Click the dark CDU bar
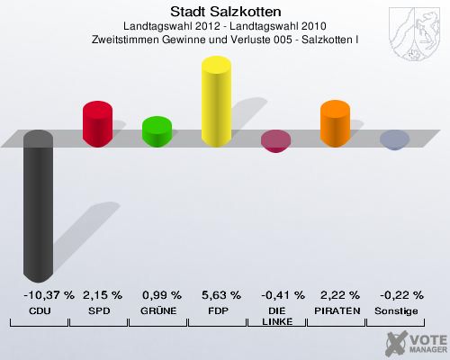pos(38,207)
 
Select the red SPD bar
pos(97,123)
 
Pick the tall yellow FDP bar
pos(216,101)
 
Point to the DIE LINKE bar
pos(275,141)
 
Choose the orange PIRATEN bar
pos(335,123)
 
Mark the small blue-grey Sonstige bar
pos(394,139)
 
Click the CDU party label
pos(39,310)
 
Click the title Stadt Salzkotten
pos(226,12)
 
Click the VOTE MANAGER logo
pos(415,342)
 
